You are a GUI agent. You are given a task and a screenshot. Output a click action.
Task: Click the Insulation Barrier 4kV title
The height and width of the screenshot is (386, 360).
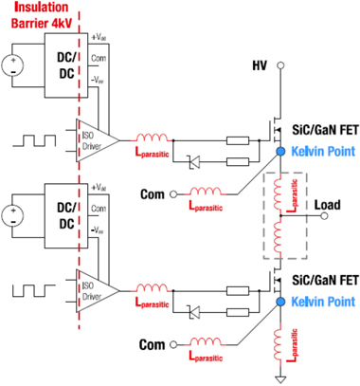39,17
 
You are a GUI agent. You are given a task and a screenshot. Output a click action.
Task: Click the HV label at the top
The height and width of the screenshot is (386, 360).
260,65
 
